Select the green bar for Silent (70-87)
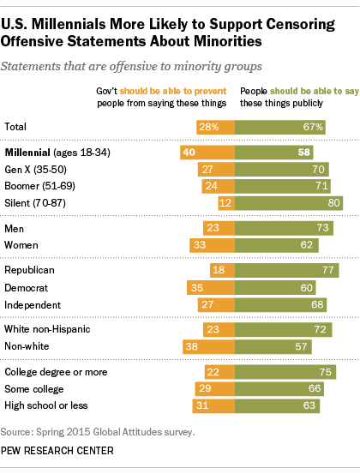click(x=289, y=202)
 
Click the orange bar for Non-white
click(x=208, y=346)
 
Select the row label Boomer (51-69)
click(x=35, y=185)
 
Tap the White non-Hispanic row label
click(x=46, y=328)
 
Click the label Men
click(x=15, y=228)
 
